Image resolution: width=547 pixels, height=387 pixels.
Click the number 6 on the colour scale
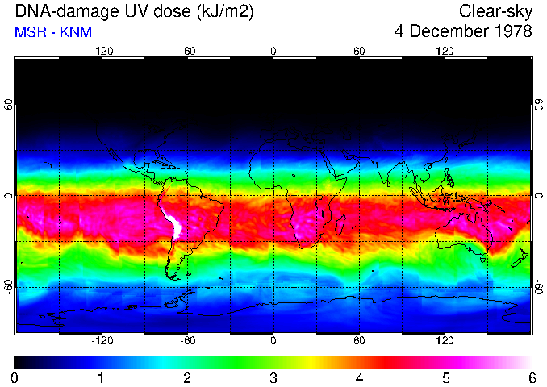[x=531, y=377]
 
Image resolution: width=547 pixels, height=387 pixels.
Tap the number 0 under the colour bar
[x=15, y=377]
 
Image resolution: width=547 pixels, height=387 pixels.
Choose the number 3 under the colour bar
[x=273, y=377]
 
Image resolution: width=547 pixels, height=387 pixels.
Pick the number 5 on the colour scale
[x=445, y=377]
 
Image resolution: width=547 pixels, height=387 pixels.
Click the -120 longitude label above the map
[x=102, y=51]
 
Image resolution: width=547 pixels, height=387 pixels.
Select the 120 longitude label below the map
[x=445, y=341]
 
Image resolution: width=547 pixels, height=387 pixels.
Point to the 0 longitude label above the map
[x=273, y=51]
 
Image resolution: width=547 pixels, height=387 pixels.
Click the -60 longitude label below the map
[x=187, y=341]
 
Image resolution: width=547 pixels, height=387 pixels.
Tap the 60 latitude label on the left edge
[x=8, y=105]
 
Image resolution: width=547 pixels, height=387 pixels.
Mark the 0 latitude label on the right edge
[x=538, y=196]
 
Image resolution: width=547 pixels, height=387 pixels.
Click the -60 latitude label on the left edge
[x=8, y=286]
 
